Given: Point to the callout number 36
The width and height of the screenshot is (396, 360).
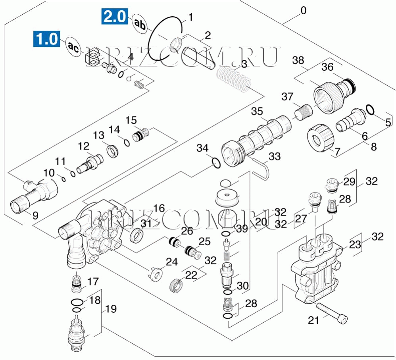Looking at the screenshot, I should click(x=327, y=67).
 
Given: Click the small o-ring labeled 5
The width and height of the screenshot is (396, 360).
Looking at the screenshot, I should click(x=370, y=109).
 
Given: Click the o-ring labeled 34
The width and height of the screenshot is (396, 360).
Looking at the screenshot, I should click(x=215, y=163).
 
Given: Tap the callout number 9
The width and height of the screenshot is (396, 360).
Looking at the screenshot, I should click(x=35, y=216).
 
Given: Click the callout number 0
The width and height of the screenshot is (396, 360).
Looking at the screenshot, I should click(x=303, y=11).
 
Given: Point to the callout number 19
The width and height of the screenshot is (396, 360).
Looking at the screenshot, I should click(x=111, y=308).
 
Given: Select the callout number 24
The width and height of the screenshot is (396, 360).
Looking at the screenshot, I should click(x=171, y=262).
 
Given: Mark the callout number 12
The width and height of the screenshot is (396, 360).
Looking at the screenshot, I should click(x=84, y=146).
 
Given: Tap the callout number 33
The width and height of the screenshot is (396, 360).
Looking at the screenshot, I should click(x=274, y=157).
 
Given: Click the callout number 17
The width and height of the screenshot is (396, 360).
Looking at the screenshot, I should click(x=93, y=281).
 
